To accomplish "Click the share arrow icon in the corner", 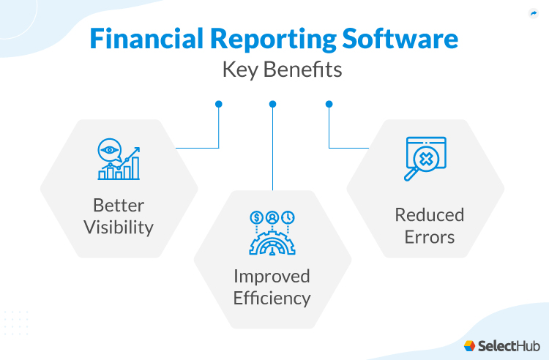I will [532, 14].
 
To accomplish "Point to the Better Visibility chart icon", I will [119, 160].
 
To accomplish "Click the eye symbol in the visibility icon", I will [111, 150].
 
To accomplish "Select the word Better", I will [118, 206].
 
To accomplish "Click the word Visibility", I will [118, 227].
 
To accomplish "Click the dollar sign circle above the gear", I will [256, 217].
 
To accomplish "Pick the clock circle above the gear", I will [288, 217].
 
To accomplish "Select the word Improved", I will [272, 277].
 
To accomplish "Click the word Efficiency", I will [272, 298].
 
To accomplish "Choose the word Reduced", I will [429, 215].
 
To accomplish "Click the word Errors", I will [429, 236].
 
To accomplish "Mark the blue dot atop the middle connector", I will [272, 104].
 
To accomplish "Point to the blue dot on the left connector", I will [218, 104].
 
